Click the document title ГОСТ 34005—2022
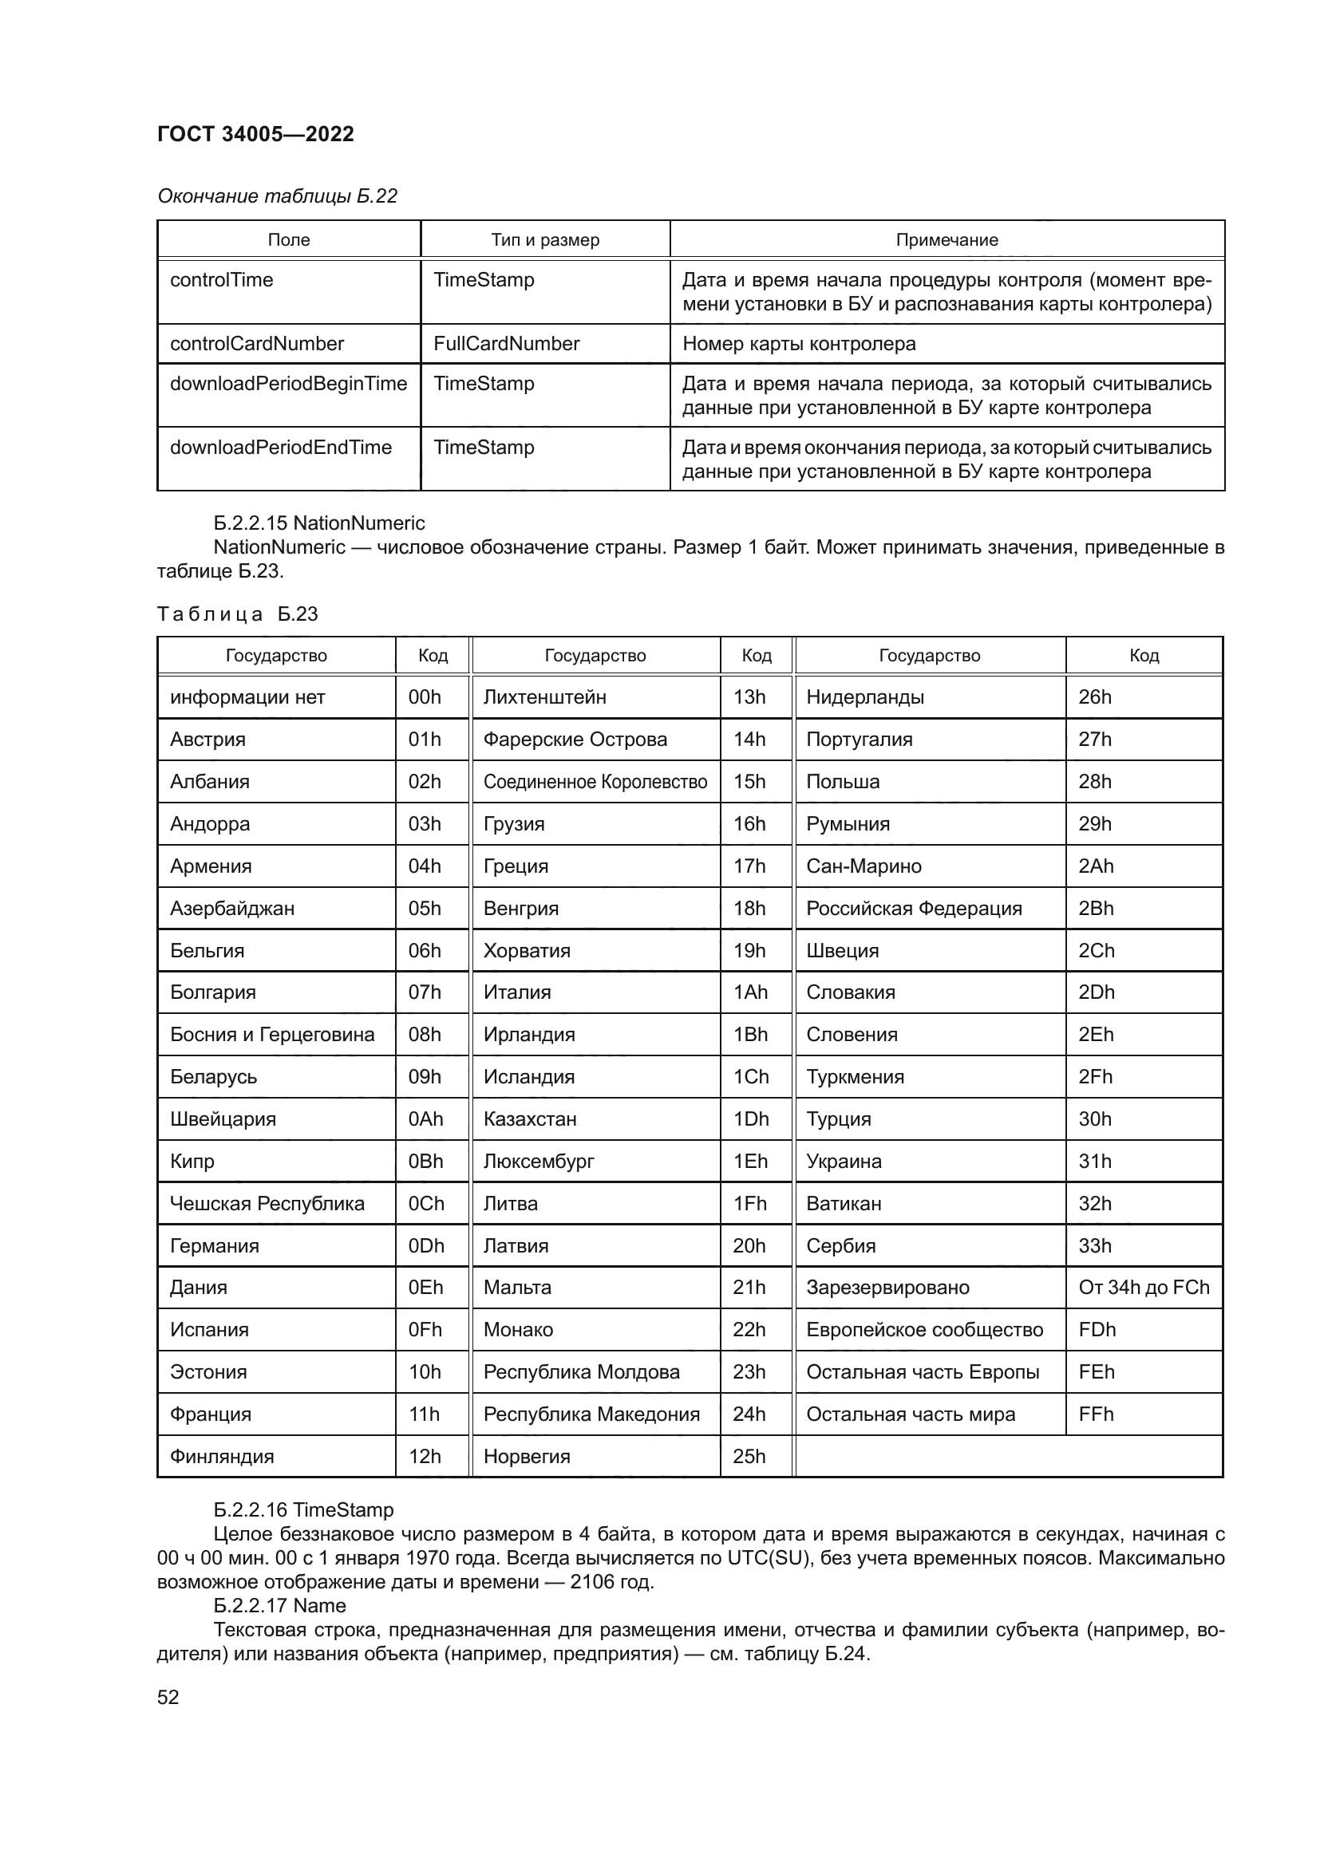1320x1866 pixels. [255, 134]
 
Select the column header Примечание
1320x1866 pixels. [947, 240]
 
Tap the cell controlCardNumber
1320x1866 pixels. [257, 344]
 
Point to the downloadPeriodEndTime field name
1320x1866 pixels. [280, 448]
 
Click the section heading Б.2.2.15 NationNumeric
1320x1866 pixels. [318, 523]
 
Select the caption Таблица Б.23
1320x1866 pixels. [237, 613]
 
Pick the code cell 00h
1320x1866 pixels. [425, 697]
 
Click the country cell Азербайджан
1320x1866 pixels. [231, 908]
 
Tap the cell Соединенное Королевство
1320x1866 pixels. [595, 782]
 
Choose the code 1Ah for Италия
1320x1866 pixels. [750, 992]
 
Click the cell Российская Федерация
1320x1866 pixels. [914, 908]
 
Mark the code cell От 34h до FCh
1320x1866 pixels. [1144, 1288]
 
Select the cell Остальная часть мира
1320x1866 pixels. [911, 1414]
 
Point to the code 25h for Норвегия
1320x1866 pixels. [749, 1457]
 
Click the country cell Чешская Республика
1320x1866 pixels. [267, 1204]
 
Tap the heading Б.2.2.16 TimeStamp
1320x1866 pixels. [303, 1510]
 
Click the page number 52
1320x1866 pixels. [168, 1697]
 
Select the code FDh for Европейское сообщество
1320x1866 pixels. [1097, 1330]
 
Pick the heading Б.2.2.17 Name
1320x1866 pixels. [279, 1606]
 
